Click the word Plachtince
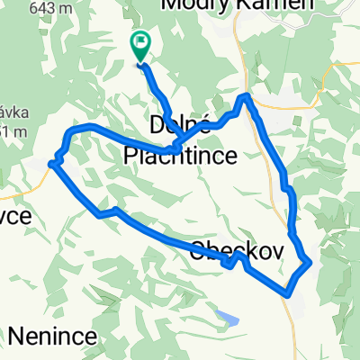[180, 156]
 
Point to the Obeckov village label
[237, 253]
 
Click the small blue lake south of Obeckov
[228, 316]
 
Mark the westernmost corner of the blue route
[51, 163]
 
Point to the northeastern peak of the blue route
[246, 96]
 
